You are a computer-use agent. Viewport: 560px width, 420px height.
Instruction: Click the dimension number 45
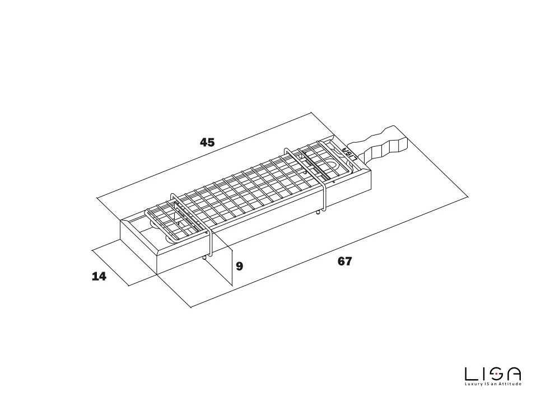pyautogui.click(x=207, y=142)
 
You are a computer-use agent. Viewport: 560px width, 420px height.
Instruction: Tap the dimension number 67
pyautogui.click(x=345, y=261)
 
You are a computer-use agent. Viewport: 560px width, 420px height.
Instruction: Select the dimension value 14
pyautogui.click(x=99, y=276)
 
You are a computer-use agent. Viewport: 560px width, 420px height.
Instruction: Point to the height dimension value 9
pyautogui.click(x=240, y=266)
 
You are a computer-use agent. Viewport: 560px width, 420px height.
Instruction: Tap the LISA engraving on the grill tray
pyautogui.click(x=348, y=152)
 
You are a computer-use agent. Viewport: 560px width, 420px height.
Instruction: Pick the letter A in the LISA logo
pyautogui.click(x=514, y=374)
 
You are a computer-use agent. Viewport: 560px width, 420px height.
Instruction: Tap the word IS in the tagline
pyautogui.click(x=488, y=384)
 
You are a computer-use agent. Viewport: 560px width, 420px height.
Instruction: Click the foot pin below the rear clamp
pyautogui.click(x=318, y=212)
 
